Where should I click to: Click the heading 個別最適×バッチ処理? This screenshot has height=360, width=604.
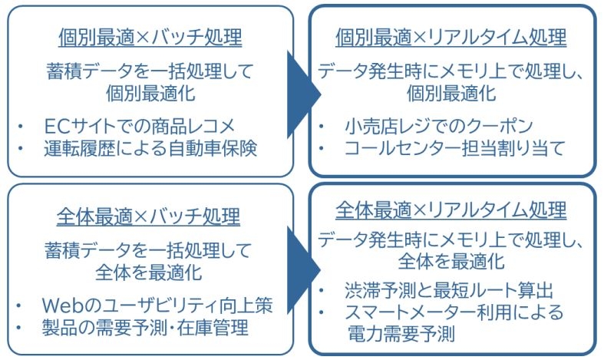coord(150,37)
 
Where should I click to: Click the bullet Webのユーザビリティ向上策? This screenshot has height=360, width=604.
coord(158,305)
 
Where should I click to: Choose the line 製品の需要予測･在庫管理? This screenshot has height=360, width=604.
coord(146,329)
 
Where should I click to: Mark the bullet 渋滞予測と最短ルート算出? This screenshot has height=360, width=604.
coord(449,291)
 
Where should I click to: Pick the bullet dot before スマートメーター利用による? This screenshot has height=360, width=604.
coord(325,313)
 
